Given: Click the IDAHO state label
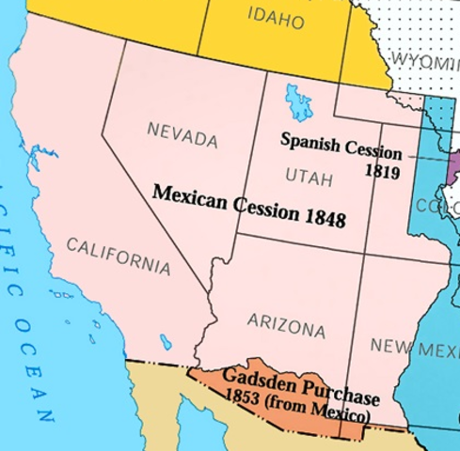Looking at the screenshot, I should [x=276, y=18].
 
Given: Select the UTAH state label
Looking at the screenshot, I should [x=309, y=176].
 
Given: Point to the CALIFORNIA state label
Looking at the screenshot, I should [x=119, y=256].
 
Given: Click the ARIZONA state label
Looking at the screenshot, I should [x=286, y=325].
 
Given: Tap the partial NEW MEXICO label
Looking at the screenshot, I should [x=413, y=349].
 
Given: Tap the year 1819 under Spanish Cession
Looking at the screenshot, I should [x=383, y=173].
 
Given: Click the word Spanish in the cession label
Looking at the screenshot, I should [x=309, y=140].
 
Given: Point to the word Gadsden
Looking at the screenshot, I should [x=256, y=381].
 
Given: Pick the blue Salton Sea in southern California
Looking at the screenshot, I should [x=166, y=341].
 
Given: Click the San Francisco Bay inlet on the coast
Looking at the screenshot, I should [x=36, y=155].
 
